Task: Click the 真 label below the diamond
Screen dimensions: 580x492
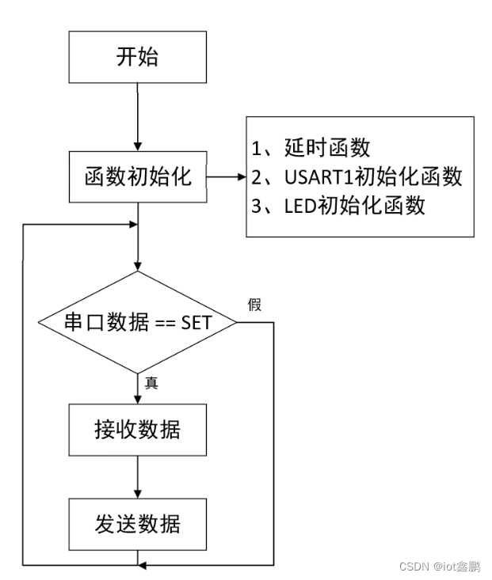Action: (x=151, y=383)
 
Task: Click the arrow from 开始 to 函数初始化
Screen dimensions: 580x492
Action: (x=139, y=119)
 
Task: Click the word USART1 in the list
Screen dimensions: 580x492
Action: (x=312, y=176)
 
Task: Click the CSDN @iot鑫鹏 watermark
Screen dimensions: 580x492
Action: (x=439, y=567)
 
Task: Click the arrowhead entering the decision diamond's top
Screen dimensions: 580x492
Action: (x=139, y=266)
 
